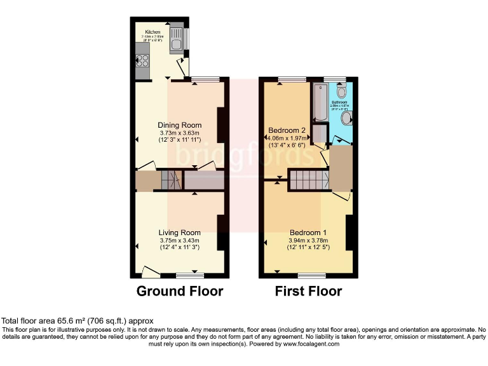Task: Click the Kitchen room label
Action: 152,32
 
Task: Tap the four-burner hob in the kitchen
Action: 142,62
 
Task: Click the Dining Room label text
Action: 180,125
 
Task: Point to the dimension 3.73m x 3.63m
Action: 180,132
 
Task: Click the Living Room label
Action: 180,233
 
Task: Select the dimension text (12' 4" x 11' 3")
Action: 180,248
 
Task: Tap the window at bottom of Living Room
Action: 190,275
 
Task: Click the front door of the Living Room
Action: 151,273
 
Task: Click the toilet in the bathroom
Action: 341,91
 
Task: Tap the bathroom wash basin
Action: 347,118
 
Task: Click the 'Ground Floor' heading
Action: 180,292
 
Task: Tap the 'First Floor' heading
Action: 308,292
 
